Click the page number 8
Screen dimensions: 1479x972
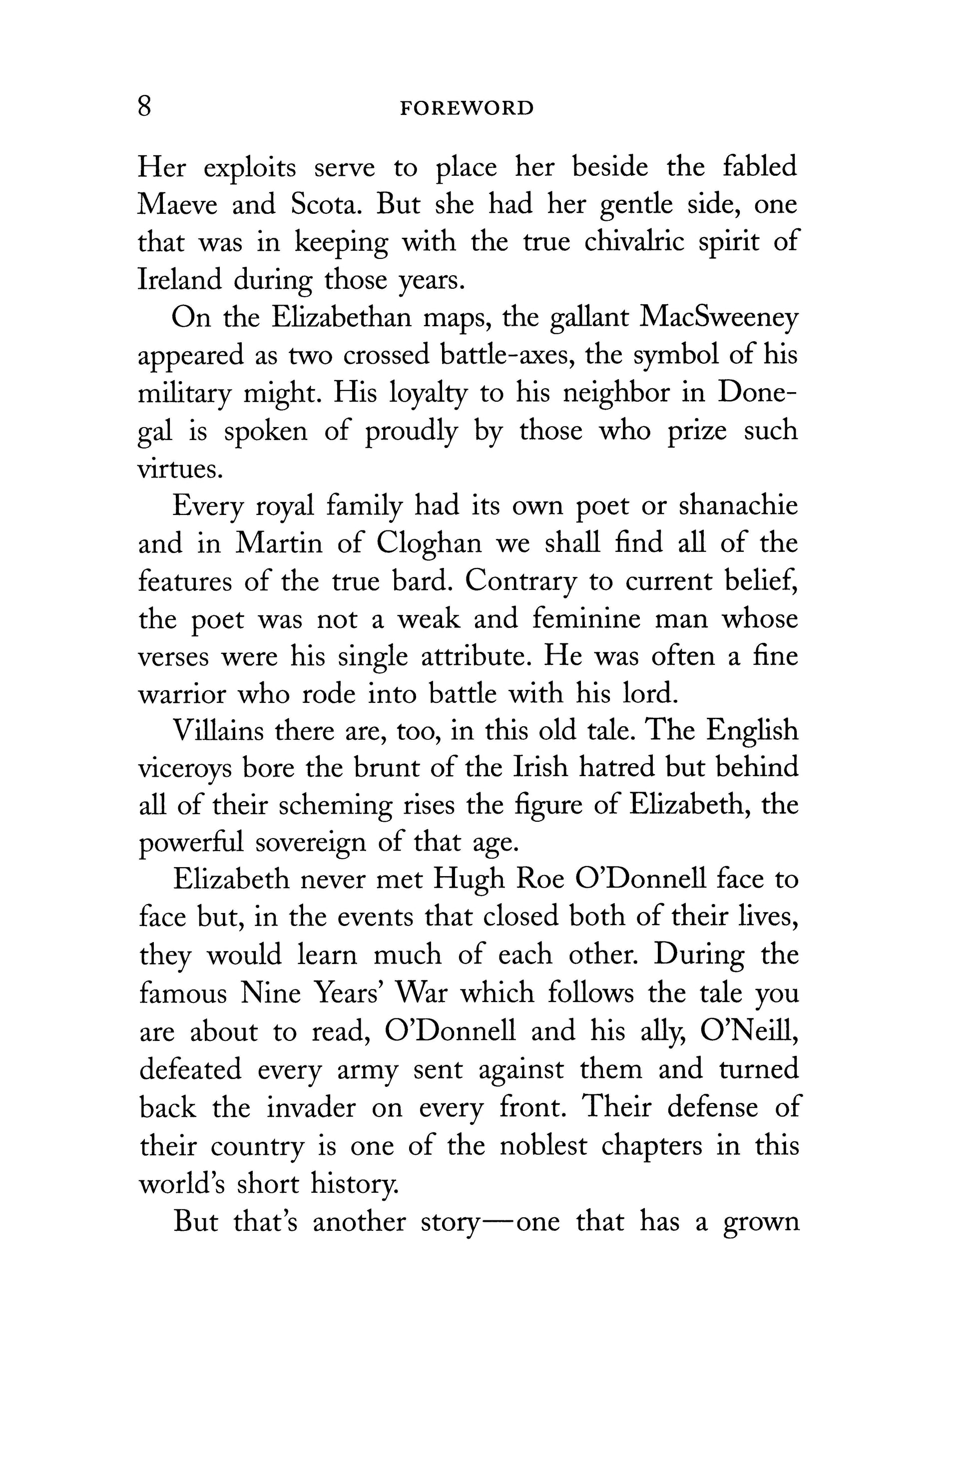coord(144,107)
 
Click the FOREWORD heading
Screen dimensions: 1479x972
coord(467,109)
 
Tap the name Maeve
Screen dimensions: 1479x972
coord(176,205)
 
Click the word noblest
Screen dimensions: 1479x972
coord(543,1145)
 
